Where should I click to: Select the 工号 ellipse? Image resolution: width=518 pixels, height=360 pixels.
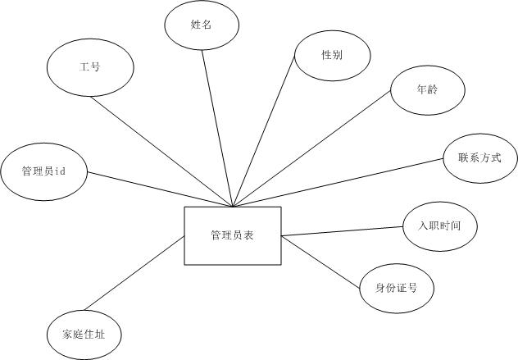[90, 67]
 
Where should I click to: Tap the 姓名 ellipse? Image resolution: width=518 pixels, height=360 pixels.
[202, 25]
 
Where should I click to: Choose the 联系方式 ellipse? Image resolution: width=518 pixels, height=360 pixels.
[479, 157]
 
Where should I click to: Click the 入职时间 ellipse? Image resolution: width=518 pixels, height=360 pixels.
[439, 224]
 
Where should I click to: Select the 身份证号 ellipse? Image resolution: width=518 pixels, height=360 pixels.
[397, 287]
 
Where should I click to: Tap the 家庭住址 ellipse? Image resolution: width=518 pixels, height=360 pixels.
[85, 335]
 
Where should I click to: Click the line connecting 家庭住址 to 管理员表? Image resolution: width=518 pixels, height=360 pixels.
[135, 276]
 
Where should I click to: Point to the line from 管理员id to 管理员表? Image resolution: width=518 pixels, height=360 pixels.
[160, 189]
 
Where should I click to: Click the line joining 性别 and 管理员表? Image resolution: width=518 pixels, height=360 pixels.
[264, 131]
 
